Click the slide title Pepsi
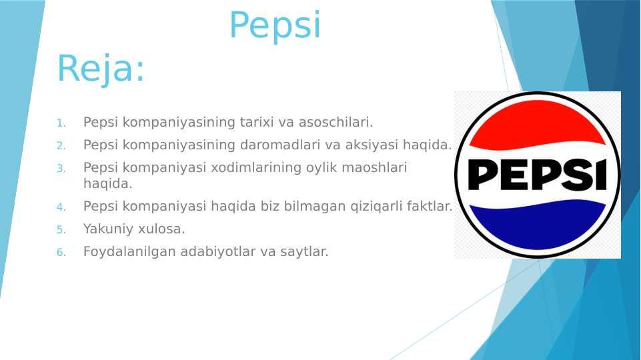click(x=275, y=26)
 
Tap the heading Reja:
click(x=101, y=68)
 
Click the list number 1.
click(x=61, y=123)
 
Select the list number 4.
click(x=61, y=207)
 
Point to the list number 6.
click(x=61, y=252)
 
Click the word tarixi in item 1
click(x=256, y=122)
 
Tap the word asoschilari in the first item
click(x=336, y=122)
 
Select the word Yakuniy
click(x=108, y=229)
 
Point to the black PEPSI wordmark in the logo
click(x=537, y=175)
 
